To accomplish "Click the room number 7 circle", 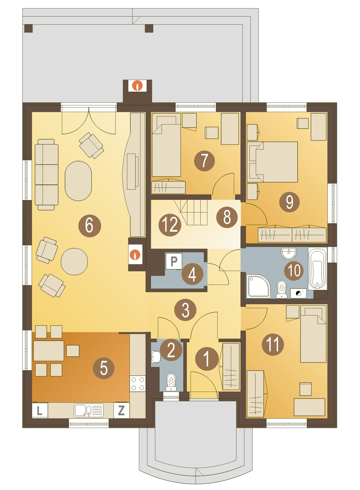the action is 204,161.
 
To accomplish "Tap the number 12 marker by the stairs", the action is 170,225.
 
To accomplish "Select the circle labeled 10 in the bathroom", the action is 294,271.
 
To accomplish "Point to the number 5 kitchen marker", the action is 104,368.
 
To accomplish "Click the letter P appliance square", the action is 174,261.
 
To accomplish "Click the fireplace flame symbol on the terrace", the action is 137,86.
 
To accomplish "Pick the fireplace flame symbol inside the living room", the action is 135,254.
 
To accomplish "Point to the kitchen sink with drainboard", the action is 89,410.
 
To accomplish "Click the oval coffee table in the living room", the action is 78,181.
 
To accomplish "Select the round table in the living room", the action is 74,262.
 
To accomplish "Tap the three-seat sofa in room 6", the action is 46,175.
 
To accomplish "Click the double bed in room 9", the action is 272,162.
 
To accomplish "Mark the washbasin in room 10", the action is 289,253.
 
